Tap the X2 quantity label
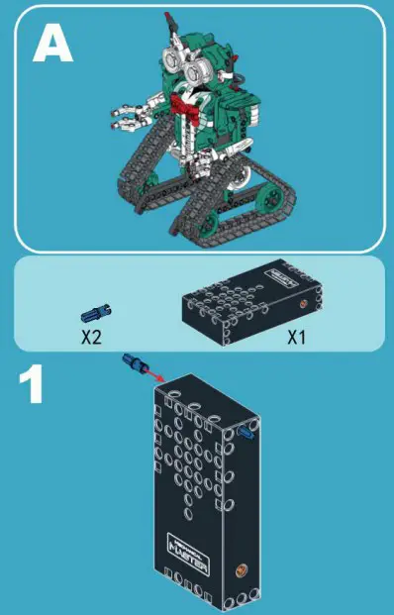(92, 337)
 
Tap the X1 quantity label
(298, 337)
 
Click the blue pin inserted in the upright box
(246, 433)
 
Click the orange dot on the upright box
(238, 570)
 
